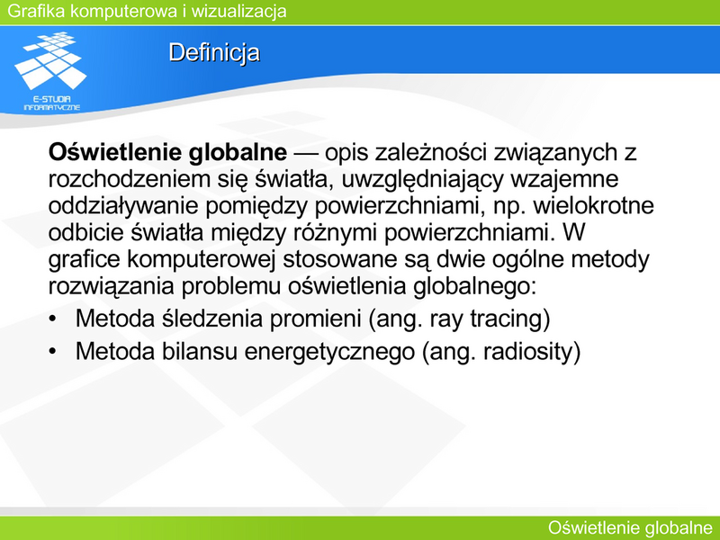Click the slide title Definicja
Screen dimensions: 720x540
214,53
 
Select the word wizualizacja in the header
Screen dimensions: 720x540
238,11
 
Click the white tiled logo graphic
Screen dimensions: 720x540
50,60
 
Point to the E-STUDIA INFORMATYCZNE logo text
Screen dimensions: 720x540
52,103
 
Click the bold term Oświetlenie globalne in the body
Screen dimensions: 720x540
167,152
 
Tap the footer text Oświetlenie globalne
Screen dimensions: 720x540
630,527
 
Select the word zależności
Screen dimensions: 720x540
430,152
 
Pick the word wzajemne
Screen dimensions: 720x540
564,179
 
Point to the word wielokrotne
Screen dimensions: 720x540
593,206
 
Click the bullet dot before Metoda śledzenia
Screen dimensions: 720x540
52,319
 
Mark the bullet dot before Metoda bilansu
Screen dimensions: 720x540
52,352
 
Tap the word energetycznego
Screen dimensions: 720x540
329,352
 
